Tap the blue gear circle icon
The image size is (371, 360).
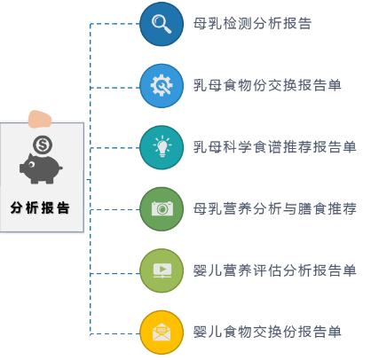(162, 85)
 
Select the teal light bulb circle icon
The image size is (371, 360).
(162, 146)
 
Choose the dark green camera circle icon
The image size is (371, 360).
(162, 208)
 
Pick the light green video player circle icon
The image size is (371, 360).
(162, 270)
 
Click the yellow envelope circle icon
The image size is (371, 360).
(162, 332)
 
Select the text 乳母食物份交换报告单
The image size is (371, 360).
(267, 85)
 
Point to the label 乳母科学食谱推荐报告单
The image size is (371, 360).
(275, 146)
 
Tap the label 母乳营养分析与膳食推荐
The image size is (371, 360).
(275, 208)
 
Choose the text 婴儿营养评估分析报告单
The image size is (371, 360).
(275, 270)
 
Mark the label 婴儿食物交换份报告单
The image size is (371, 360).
(267, 332)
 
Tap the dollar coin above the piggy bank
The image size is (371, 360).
(41, 144)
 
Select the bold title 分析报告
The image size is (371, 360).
(41, 207)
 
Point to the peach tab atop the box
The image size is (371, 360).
(41, 117)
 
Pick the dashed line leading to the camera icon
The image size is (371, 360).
(115, 209)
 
